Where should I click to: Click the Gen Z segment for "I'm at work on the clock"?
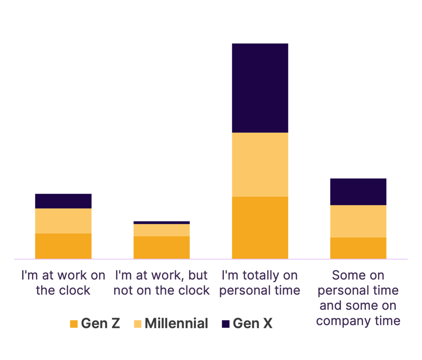pos(63,246)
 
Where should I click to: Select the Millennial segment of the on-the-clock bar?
pos(63,221)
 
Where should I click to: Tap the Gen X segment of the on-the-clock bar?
pos(63,201)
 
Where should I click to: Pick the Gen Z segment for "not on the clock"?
pos(162,247)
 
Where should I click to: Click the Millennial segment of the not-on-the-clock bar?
pos(162,230)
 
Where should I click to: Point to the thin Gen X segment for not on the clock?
pos(162,222)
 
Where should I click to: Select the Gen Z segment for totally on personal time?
pos(260,227)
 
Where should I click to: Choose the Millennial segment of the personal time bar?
pos(260,164)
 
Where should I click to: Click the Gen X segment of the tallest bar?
pos(260,88)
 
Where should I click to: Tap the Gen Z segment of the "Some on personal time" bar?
pos(358,248)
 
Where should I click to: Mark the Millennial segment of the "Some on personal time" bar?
pos(358,221)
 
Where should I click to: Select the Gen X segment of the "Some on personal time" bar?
pos(358,191)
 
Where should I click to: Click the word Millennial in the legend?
pos(176,323)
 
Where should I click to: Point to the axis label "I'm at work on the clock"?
pos(63,283)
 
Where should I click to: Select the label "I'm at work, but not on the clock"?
pos(162,283)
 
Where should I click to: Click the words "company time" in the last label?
pos(358,321)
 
